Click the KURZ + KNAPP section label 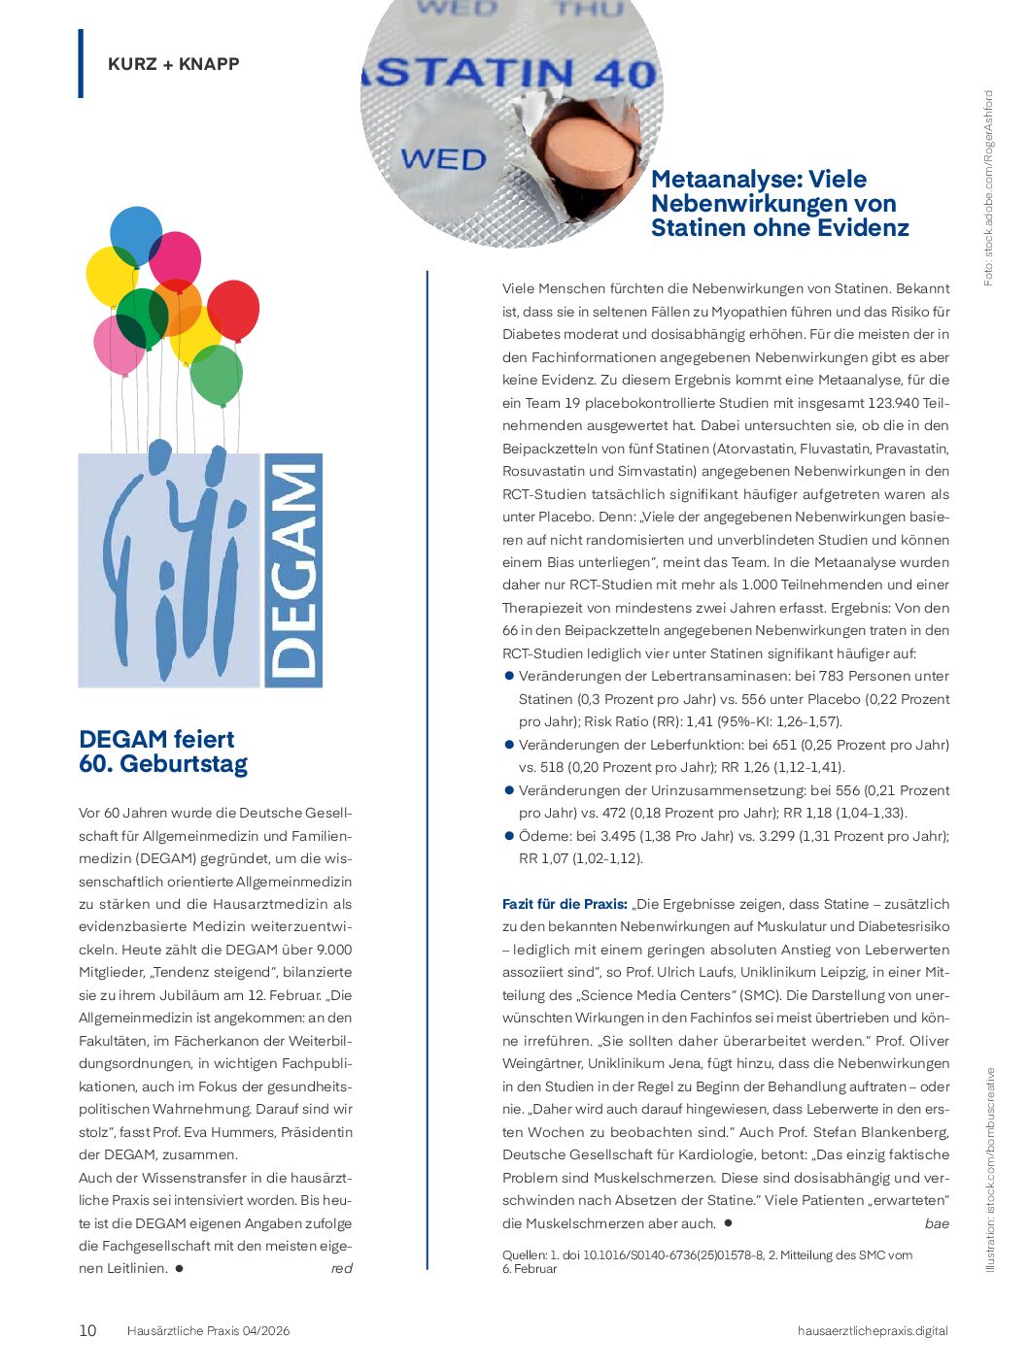(173, 64)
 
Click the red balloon (234, 309)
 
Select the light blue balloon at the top (135, 233)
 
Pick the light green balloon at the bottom (216, 376)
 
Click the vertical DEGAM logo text (293, 570)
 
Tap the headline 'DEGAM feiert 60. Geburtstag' (163, 752)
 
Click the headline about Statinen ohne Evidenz (779, 203)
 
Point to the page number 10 (87, 1330)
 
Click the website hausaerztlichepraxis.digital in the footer (873, 1330)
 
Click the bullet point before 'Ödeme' (508, 835)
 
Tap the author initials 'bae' (937, 1223)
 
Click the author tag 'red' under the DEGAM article (341, 1268)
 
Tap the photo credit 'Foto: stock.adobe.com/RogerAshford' (988, 188)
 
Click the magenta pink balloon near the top (175, 259)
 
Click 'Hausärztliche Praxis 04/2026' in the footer (208, 1330)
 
